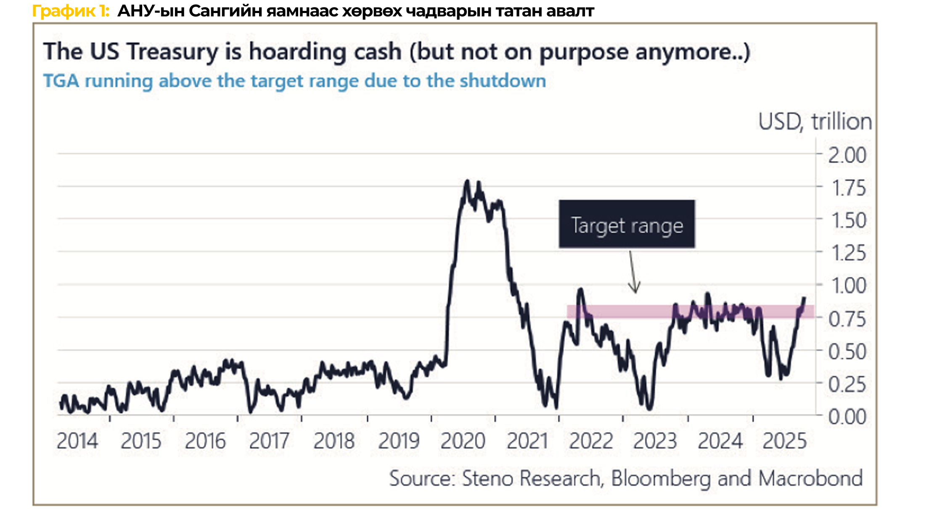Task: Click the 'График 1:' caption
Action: (x=71, y=11)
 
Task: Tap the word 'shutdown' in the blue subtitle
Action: (x=503, y=81)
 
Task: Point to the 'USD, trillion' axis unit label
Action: (x=815, y=122)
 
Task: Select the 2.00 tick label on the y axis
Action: (x=847, y=155)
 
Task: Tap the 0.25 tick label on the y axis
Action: (x=847, y=384)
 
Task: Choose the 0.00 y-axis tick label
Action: (x=847, y=417)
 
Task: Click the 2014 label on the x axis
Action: (x=77, y=441)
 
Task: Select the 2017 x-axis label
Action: (x=269, y=441)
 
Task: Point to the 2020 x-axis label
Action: (x=463, y=441)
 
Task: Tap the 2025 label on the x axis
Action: (x=785, y=441)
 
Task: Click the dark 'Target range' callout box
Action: (x=627, y=224)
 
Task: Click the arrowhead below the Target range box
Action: (x=635, y=290)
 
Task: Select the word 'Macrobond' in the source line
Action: (x=810, y=479)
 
